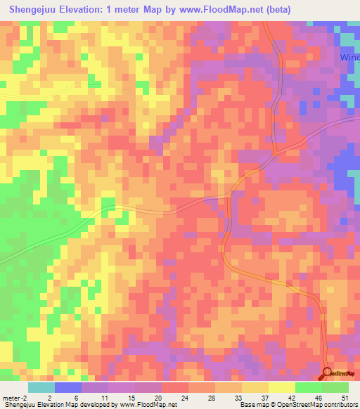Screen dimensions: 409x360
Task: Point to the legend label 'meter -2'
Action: point(15,397)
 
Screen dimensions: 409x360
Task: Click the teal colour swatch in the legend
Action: point(41,387)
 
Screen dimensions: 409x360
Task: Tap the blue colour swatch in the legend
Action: point(68,387)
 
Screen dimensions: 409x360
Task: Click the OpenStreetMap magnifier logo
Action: point(328,372)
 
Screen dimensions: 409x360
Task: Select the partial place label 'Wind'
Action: point(349,57)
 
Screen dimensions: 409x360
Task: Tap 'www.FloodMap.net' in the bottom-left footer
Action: point(147,405)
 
